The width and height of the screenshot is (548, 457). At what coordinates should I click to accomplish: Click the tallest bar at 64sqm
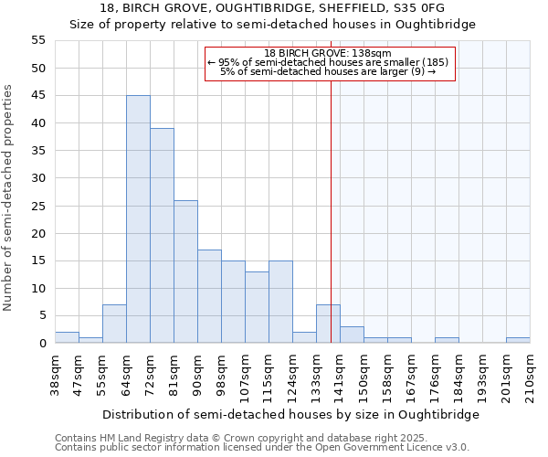(138, 219)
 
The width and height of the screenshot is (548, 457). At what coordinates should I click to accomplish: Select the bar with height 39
(162, 236)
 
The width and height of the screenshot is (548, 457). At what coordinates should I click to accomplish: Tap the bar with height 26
(185, 271)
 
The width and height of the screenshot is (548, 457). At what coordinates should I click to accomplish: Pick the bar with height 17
(209, 296)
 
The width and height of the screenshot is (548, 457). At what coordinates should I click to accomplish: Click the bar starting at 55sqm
(114, 324)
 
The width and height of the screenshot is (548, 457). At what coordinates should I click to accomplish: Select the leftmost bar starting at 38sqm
(67, 337)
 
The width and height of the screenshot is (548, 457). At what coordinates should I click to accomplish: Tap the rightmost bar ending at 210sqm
(518, 340)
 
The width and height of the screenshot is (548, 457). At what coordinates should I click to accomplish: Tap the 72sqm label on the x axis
(150, 375)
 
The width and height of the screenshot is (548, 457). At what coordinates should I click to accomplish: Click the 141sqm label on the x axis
(340, 375)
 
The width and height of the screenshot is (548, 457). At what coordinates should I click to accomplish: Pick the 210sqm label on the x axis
(530, 375)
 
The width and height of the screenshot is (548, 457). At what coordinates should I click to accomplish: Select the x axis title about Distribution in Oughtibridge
(290, 414)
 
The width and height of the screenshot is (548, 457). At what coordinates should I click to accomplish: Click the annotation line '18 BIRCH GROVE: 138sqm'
(328, 54)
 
